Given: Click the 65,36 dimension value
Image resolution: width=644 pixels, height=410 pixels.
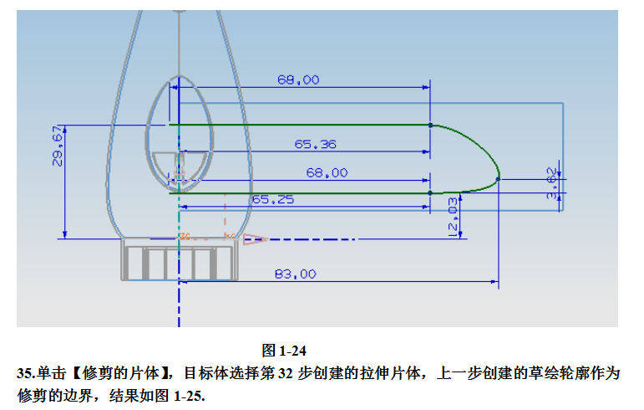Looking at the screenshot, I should click(x=315, y=145).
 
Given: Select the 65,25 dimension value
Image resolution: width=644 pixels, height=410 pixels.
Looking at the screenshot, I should click(x=272, y=200).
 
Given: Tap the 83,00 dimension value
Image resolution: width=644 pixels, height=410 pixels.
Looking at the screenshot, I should click(x=296, y=274).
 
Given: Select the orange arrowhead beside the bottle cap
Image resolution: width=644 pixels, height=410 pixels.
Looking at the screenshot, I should click(x=255, y=239).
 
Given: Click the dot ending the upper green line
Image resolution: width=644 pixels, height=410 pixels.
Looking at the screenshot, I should click(x=430, y=125).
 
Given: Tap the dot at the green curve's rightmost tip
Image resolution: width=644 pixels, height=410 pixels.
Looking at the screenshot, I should click(x=498, y=177).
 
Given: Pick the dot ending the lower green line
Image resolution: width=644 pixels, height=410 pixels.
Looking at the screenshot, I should click(x=430, y=192).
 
